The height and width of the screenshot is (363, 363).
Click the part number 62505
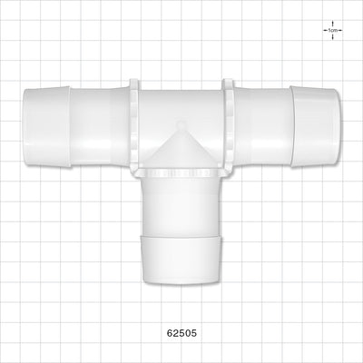pyautogui.click(x=181, y=333)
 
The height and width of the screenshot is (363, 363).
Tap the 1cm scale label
pyautogui.click(x=333, y=30)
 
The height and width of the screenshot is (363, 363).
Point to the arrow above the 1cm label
pyautogui.click(x=333, y=24)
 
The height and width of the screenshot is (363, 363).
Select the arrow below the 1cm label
pyautogui.click(x=333, y=36)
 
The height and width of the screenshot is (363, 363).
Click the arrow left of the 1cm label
pyautogui.click(x=326, y=30)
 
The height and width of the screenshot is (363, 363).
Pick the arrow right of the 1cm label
pyautogui.click(x=339, y=30)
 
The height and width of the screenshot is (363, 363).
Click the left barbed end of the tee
pyautogui.click(x=47, y=127)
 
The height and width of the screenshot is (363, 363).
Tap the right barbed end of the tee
pyautogui.click(x=316, y=127)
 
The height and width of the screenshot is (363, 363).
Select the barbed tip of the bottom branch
pyautogui.click(x=181, y=260)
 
